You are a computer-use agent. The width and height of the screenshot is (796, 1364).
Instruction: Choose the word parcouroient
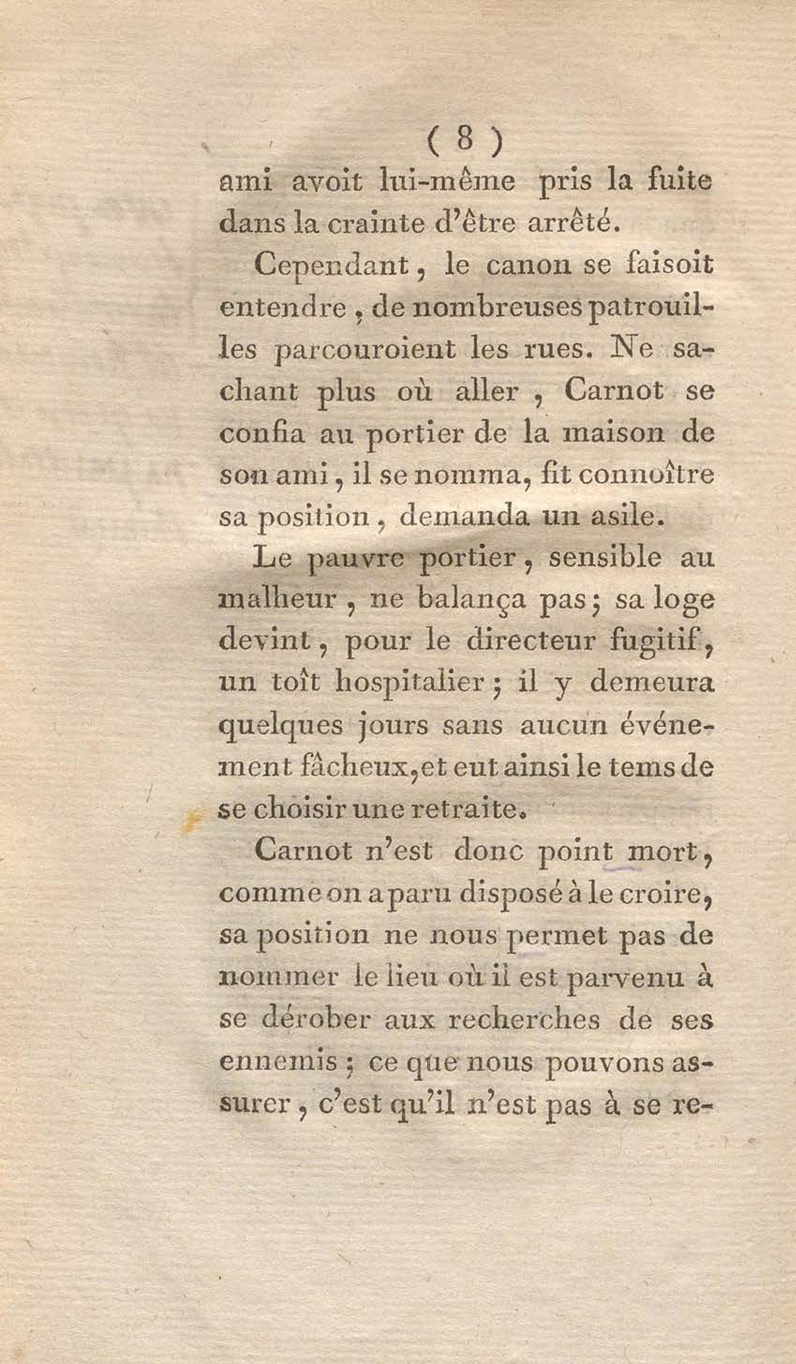coord(365,351)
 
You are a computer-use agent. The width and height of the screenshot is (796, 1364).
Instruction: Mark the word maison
coord(614,434)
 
